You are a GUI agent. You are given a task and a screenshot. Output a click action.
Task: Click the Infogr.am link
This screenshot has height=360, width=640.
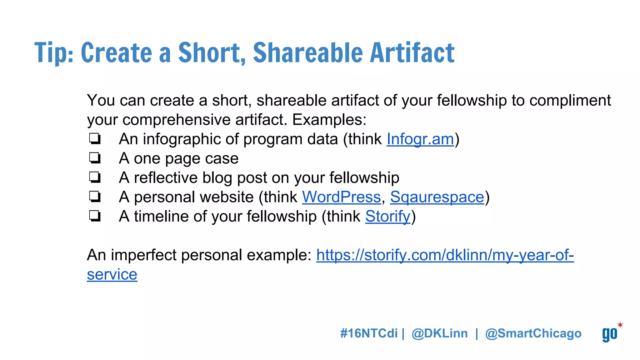click(420, 139)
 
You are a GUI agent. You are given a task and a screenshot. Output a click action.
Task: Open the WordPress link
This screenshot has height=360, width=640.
click(341, 197)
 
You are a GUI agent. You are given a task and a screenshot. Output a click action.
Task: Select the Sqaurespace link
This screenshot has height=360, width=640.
click(437, 197)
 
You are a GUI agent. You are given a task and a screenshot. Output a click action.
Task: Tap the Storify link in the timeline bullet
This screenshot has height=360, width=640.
click(387, 217)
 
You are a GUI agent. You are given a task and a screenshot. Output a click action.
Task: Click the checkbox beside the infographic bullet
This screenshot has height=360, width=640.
click(95, 139)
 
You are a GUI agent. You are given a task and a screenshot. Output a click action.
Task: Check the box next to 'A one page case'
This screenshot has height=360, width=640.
click(95, 158)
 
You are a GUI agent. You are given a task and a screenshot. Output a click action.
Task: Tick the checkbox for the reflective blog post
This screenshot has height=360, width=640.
click(95, 177)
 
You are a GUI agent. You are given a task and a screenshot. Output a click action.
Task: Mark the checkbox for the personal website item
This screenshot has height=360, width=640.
click(95, 197)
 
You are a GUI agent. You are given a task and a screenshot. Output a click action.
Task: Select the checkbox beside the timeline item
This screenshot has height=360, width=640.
click(95, 216)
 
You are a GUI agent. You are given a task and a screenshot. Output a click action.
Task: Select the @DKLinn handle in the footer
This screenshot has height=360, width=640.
click(440, 333)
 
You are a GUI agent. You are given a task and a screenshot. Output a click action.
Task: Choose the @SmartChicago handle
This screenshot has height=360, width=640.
click(533, 333)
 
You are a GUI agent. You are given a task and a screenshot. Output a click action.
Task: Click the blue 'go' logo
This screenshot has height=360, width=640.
click(610, 334)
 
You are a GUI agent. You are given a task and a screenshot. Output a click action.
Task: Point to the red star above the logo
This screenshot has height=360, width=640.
click(620, 325)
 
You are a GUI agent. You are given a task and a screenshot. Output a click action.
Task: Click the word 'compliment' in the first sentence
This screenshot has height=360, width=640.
click(570, 101)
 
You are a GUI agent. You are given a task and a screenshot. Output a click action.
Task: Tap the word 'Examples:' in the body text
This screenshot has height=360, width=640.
click(329, 120)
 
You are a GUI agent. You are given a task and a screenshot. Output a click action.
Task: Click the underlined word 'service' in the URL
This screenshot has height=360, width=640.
click(112, 275)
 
